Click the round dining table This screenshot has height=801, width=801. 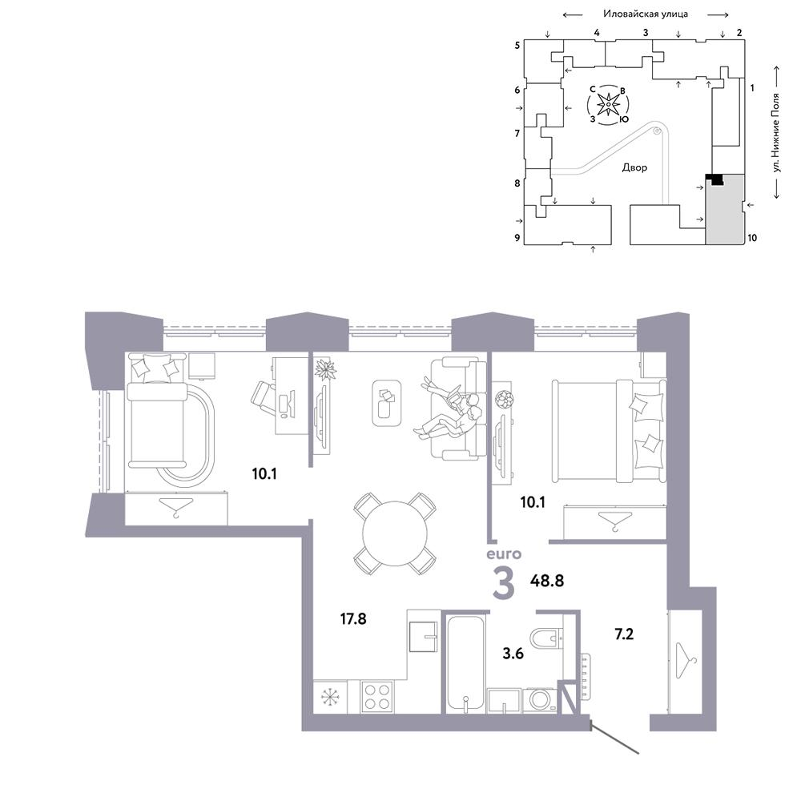point(394,533)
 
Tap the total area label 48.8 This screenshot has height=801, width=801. point(546,581)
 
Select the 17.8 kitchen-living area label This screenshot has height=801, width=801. point(353,618)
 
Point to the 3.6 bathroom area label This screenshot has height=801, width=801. point(513,654)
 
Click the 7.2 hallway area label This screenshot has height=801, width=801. point(624,634)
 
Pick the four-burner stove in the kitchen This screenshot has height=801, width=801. point(377,696)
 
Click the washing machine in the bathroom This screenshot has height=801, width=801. point(539,700)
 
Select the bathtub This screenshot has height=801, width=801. point(465,662)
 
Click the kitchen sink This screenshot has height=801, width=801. point(424,636)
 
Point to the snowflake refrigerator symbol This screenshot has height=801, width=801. point(330,697)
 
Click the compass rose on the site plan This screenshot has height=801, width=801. point(609,105)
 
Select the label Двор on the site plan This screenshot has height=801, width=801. point(634,167)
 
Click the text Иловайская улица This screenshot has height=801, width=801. point(645,14)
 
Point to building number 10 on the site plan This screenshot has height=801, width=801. point(752,238)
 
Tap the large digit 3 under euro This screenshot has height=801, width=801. point(504,583)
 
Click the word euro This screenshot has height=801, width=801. point(504,553)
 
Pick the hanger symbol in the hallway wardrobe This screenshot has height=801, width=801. point(686,661)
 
